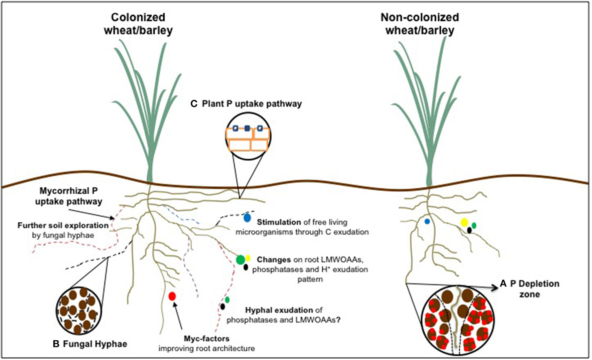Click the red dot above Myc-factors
pos(172,296)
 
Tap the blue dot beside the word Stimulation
pos(247,218)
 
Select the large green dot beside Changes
pos(240,259)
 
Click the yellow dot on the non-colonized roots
pos(464,222)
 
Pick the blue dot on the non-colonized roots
pos(427,221)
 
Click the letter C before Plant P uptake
pos(194,104)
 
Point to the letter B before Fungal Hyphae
pos(56,344)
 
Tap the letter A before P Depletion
pos(503,284)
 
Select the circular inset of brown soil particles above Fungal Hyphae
pos(79,311)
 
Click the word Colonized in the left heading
pos(138,17)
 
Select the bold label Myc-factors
pos(206,339)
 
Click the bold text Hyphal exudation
pos(279,310)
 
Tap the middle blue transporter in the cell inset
pos(247,128)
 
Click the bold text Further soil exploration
pos(63,225)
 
